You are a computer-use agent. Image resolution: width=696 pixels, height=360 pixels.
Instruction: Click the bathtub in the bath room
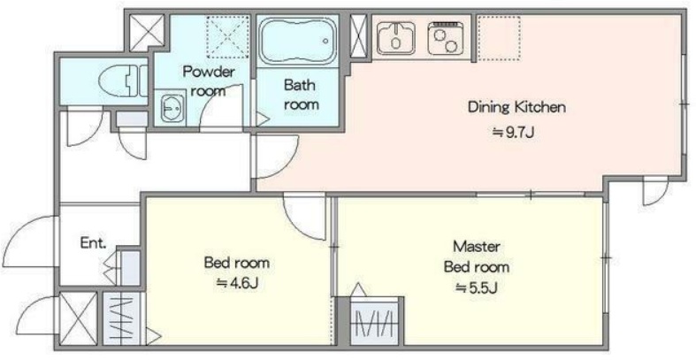pyautogui.click(x=298, y=41)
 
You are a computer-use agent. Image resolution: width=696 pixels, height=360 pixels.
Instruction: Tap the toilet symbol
pyautogui.click(x=122, y=80)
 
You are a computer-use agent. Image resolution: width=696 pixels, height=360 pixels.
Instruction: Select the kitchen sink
pyautogui.click(x=396, y=38)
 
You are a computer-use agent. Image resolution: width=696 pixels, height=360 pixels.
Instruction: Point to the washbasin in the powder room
pyautogui.click(x=171, y=107)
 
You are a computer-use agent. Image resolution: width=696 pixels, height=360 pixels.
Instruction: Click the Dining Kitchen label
pyautogui.click(x=516, y=107)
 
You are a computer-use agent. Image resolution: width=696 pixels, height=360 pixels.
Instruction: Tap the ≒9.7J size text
pyautogui.click(x=513, y=133)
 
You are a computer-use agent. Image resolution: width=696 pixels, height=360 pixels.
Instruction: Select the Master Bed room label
pyautogui.click(x=477, y=257)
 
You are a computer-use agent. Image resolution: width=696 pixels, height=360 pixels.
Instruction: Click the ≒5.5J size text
pyautogui.click(x=477, y=288)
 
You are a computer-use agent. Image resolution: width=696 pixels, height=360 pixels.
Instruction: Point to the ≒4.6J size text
pyautogui.click(x=237, y=283)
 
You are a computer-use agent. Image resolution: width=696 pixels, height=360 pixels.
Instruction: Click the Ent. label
pyautogui.click(x=94, y=243)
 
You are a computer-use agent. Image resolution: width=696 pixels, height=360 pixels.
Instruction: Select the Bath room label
pyautogui.click(x=302, y=94)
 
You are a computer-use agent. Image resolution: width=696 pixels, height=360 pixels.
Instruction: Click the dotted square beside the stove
pyautogui.click(x=500, y=38)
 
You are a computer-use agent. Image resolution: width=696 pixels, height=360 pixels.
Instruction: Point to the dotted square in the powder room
pyautogui.click(x=228, y=36)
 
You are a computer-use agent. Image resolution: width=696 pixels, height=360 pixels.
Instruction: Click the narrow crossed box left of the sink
pyautogui.click(x=358, y=36)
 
